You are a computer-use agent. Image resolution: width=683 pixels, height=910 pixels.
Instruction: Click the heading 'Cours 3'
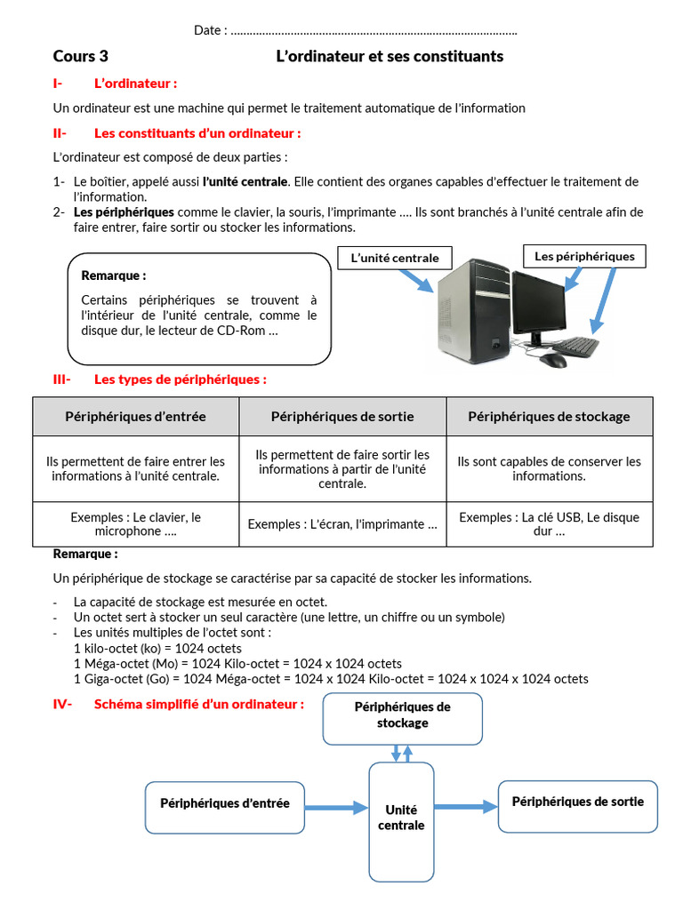pos(80,57)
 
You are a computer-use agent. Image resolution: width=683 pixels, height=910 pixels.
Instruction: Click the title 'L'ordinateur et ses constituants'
pos(390,57)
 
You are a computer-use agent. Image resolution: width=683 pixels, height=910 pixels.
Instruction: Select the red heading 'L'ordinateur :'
pos(135,84)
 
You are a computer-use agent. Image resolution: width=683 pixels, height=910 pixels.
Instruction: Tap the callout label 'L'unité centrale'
pos(395,258)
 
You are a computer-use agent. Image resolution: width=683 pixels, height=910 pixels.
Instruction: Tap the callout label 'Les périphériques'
pos(584,257)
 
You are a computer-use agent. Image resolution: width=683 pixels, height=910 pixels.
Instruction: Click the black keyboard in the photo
pos(569,346)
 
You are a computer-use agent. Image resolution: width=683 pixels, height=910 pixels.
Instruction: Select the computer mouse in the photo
pos(552,360)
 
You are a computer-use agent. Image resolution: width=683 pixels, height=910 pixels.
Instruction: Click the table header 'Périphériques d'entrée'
pos(135,417)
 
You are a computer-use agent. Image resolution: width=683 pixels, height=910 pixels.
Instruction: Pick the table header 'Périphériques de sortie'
pos(342,417)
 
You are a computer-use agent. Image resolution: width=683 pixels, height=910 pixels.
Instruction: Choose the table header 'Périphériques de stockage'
pos(549,417)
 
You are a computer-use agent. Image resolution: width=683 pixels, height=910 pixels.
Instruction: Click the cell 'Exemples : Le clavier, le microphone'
pos(135,524)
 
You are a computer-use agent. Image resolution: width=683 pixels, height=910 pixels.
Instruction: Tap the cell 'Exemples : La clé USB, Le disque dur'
pos(549,524)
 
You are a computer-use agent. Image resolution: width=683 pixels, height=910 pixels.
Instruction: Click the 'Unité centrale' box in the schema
pos(401,818)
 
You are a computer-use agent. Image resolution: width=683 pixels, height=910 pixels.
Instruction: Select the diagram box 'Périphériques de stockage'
pos(402,715)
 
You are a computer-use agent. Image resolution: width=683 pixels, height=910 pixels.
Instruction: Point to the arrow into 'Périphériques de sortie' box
pos(466,807)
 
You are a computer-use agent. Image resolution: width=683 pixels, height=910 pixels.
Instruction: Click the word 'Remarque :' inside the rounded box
pos(113,275)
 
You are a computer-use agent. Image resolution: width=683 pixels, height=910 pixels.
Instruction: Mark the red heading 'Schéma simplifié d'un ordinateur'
pos(199,704)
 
